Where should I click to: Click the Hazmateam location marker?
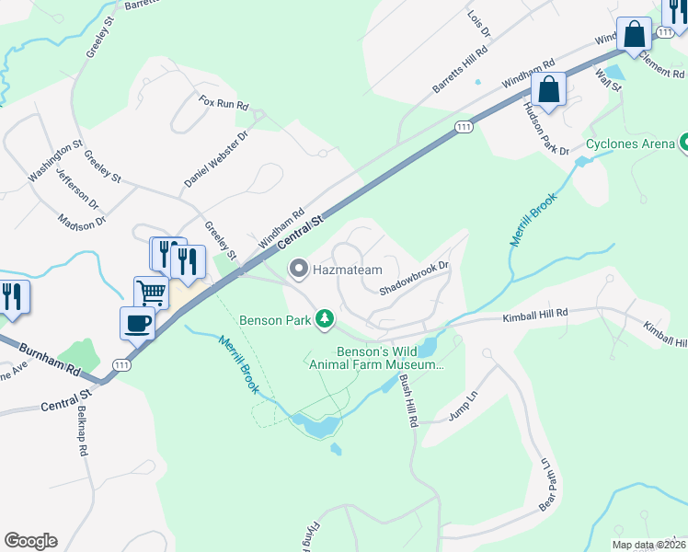[298, 270]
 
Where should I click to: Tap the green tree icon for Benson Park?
[324, 319]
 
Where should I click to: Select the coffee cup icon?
[137, 323]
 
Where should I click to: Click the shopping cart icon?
[152, 293]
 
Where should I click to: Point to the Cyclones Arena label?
[630, 144]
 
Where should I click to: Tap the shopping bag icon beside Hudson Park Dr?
[548, 91]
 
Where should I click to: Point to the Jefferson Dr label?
[76, 185]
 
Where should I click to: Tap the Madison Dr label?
[82, 221]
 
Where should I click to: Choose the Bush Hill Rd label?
[407, 406]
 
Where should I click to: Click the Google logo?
[30, 541]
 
